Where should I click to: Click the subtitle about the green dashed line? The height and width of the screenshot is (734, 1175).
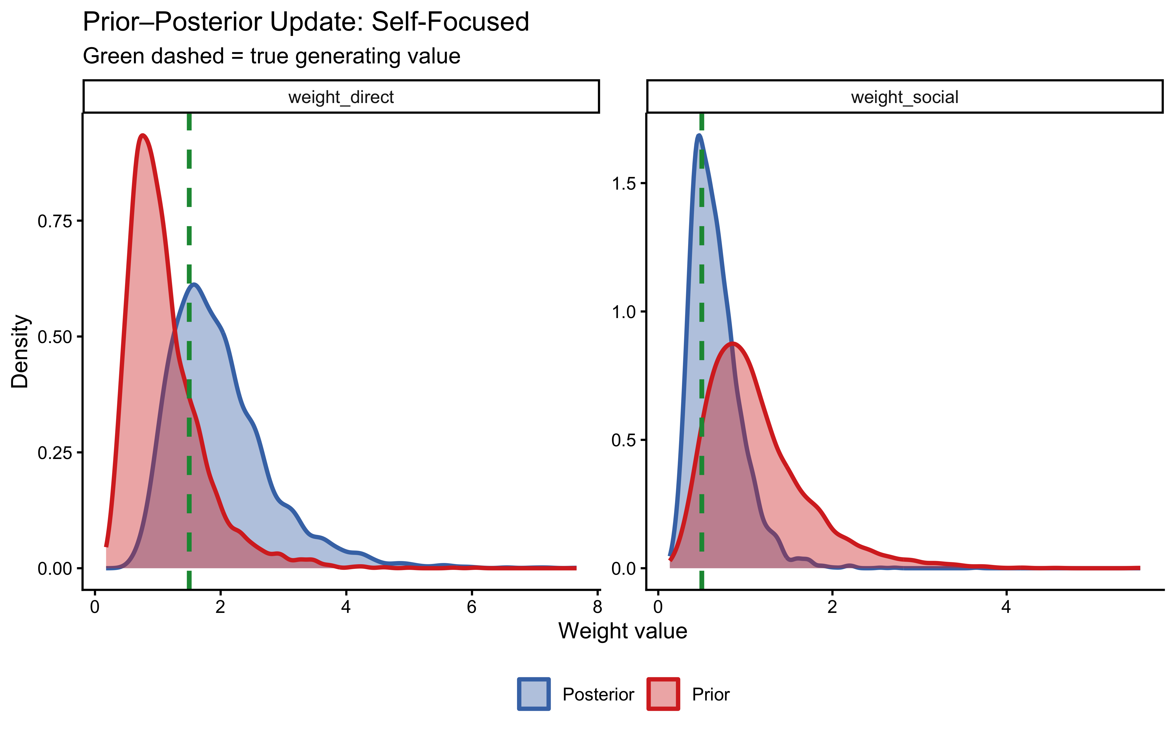[271, 56]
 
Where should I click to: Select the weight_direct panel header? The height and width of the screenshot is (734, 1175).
[341, 97]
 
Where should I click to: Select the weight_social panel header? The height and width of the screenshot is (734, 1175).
[905, 97]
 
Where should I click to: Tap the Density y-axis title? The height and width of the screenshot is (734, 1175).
[20, 351]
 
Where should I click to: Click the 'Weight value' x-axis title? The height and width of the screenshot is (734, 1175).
[623, 631]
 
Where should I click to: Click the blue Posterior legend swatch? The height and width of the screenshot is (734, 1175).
[534, 694]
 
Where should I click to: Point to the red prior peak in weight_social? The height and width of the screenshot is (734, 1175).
[732, 344]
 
